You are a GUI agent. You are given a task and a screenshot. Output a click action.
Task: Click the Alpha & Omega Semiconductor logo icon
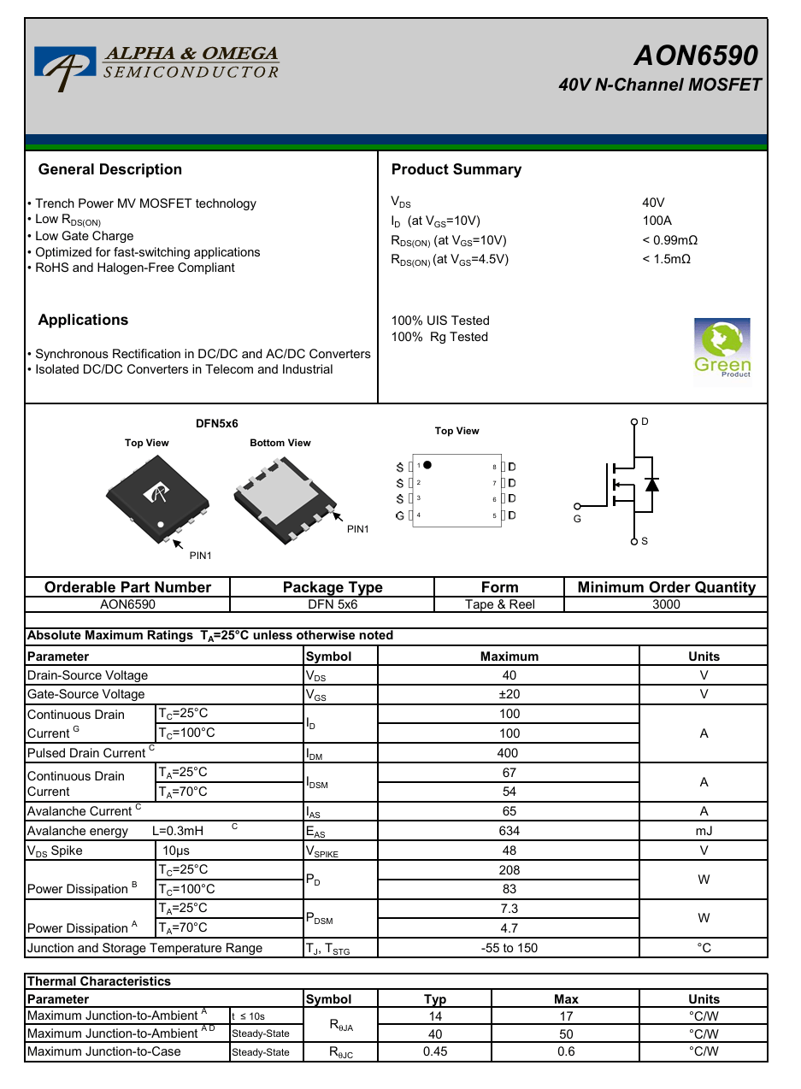point(65,67)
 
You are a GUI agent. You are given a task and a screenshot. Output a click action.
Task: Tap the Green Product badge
point(722,349)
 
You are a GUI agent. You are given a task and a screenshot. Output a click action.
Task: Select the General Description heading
point(110,169)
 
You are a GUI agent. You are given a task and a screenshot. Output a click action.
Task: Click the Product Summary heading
point(456,169)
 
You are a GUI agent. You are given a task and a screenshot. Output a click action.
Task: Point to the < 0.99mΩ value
point(669,240)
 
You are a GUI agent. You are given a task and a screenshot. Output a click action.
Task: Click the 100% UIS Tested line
point(440,321)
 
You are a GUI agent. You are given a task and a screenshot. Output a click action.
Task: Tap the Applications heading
point(83,320)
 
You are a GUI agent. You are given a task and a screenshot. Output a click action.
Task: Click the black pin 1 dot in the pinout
point(427,465)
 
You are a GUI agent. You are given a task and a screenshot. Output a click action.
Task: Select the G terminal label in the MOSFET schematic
point(577,518)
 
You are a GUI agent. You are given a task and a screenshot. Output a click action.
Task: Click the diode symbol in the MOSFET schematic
point(652,485)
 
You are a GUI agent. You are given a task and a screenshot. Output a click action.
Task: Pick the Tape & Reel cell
point(499,604)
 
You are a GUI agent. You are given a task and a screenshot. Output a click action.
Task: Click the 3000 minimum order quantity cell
point(666,604)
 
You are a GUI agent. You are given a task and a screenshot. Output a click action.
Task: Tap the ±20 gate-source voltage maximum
point(509,694)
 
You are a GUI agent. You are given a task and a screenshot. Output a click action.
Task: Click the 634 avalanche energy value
point(509,831)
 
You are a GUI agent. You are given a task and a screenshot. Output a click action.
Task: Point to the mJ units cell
point(704,831)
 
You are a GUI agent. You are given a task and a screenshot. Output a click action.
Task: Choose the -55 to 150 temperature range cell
point(509,948)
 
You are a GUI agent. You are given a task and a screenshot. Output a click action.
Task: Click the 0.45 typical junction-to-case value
point(435,1051)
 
